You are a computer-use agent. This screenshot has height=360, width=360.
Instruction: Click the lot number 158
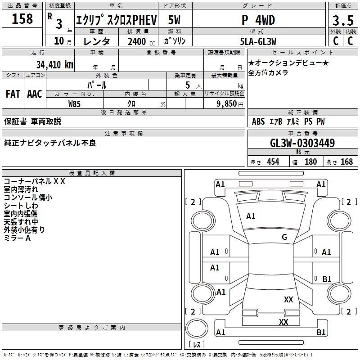tap(22, 19)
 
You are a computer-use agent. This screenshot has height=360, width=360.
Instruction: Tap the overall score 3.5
tap(342, 21)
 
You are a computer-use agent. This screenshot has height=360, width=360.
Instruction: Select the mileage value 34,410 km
tap(54, 64)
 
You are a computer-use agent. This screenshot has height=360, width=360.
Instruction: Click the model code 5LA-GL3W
tap(258, 41)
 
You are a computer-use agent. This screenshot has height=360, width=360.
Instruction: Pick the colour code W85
tap(75, 103)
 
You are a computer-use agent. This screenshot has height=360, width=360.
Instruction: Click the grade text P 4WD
tap(258, 20)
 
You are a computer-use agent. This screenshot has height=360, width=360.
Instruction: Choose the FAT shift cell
tap(13, 94)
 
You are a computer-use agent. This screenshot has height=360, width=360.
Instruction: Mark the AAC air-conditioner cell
tap(35, 94)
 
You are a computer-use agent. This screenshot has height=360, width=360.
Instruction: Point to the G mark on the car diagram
tap(284, 237)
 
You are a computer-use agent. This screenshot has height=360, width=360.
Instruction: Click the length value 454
tap(273, 162)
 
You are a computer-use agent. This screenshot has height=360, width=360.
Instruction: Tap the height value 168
tap(346, 162)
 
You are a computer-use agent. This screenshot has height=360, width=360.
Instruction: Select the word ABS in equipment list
tap(258, 121)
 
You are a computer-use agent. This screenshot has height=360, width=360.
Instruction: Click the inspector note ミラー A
tap(17, 238)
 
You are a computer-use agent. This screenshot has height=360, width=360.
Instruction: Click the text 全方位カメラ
tap(268, 72)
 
